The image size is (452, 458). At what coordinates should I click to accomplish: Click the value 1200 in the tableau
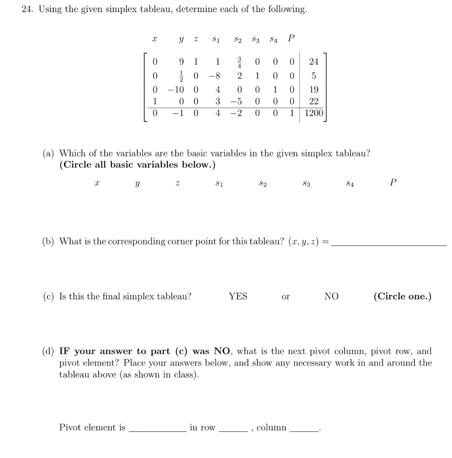click(x=313, y=113)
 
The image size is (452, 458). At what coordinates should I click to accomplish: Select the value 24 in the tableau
click(x=314, y=61)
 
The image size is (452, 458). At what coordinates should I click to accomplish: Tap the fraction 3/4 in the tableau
click(x=239, y=61)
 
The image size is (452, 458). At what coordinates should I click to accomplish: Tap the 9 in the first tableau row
click(x=181, y=61)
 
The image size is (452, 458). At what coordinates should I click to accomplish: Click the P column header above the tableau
click(x=291, y=38)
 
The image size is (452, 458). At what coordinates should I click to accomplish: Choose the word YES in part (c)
click(x=238, y=296)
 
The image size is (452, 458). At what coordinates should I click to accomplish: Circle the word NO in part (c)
click(x=332, y=296)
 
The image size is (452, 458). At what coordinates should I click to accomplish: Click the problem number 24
click(x=28, y=9)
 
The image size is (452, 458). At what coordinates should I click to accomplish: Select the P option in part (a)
click(x=393, y=182)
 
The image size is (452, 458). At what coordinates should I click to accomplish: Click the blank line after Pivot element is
click(x=157, y=430)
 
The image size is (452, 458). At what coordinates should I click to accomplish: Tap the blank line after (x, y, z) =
click(x=390, y=244)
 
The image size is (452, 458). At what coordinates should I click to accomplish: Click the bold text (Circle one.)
click(x=402, y=296)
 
